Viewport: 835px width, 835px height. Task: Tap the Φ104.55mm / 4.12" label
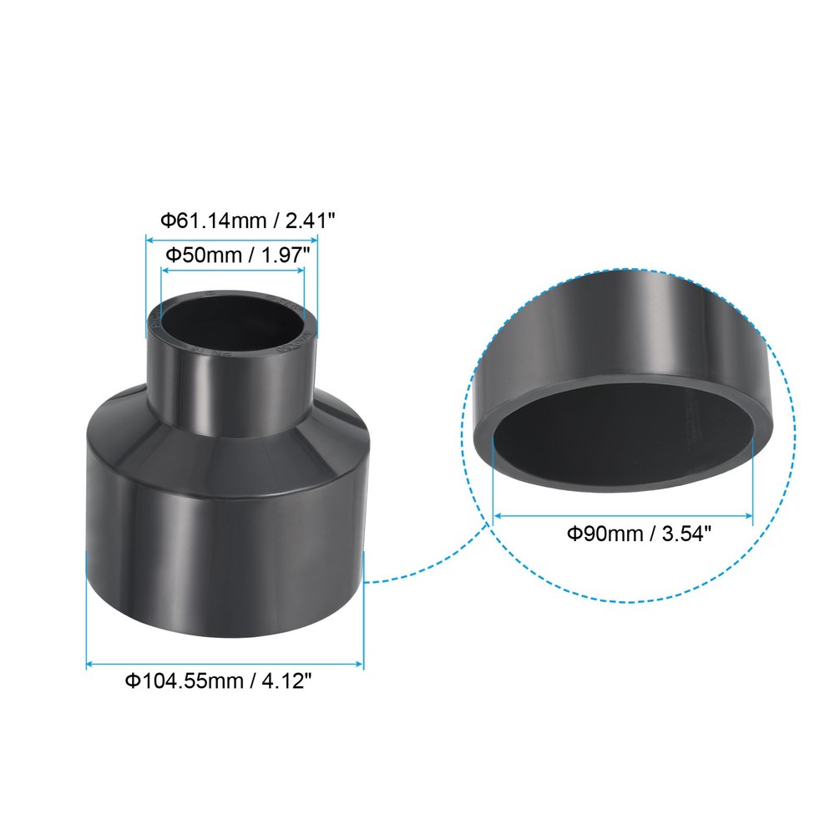pyautogui.click(x=219, y=682)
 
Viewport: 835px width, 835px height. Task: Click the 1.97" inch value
pyautogui.click(x=289, y=254)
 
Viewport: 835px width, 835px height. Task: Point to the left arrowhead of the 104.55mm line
pyautogui.click(x=90, y=665)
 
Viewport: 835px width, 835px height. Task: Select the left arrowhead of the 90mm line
pyautogui.click(x=498, y=515)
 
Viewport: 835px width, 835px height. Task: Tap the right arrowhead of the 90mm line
pyautogui.click(x=750, y=515)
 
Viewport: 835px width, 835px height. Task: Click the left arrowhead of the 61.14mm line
pyautogui.click(x=150, y=239)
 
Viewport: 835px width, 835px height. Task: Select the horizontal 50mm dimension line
pyautogui.click(x=234, y=271)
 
